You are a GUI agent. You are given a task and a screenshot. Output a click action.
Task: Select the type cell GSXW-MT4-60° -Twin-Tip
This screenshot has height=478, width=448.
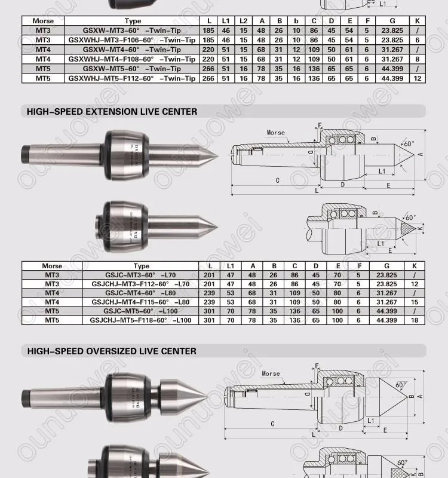133,50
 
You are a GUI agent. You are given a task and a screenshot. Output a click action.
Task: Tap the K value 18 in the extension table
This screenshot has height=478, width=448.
414,320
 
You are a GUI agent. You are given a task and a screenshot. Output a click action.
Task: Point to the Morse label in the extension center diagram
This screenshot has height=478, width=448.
276,133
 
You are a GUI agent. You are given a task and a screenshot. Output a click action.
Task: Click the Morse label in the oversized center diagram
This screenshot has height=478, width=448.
270,373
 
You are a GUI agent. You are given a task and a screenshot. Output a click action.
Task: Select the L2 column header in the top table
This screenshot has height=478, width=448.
243,21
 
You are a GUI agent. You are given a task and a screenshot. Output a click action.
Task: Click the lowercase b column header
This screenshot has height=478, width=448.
296,21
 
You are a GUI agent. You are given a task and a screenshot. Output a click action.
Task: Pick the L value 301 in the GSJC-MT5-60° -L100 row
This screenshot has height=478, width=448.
209,311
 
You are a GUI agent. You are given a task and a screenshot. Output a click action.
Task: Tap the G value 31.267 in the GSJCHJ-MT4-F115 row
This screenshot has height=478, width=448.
386,302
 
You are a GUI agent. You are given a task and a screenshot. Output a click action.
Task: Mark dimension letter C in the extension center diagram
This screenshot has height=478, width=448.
277,180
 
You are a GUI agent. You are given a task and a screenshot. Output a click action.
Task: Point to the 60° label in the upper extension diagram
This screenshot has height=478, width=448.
409,144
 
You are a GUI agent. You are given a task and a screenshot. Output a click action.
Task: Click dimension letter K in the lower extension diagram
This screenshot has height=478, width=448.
421,228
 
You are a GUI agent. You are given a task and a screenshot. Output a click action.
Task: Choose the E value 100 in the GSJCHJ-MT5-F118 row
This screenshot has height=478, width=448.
338,320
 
